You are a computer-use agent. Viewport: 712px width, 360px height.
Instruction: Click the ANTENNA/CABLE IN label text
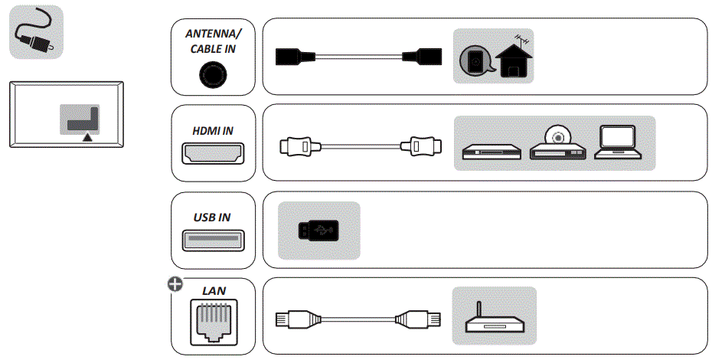coord(212,41)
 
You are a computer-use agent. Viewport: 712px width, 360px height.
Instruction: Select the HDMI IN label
coord(212,130)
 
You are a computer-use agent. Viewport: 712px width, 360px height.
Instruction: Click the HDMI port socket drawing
coord(212,153)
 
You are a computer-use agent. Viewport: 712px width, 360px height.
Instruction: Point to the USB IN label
coord(212,218)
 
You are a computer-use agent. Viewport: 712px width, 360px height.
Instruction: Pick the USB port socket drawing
coord(212,241)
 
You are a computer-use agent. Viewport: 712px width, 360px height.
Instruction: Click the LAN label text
coord(212,291)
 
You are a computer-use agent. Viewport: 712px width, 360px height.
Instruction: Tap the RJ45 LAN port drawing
coord(212,322)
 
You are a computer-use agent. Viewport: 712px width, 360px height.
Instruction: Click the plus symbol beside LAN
coord(175,284)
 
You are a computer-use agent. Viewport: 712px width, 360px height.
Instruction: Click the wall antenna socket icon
coord(476,62)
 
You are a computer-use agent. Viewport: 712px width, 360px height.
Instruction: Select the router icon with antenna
coord(494,317)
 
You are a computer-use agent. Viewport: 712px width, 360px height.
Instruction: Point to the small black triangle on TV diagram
coord(88,136)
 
